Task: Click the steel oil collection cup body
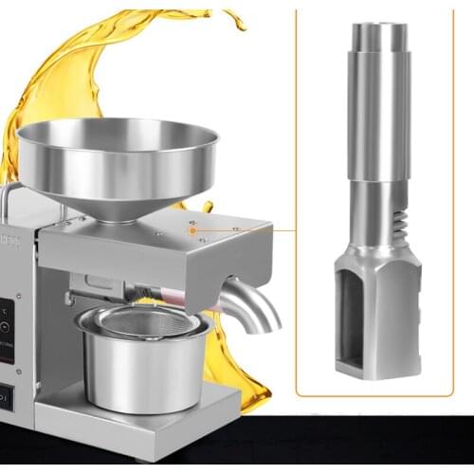(x=142, y=374)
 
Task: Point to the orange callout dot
(x=192, y=228)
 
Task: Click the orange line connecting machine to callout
(x=246, y=228)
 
